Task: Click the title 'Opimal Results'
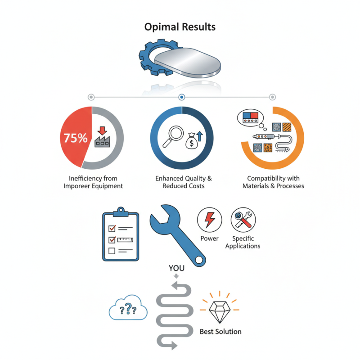[x=180, y=27]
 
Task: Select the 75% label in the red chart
[x=76, y=138]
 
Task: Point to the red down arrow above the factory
[x=102, y=130]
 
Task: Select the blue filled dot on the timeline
[x=182, y=97]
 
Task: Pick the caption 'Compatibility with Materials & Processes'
[x=273, y=182]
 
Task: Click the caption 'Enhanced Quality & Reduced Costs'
[x=184, y=182]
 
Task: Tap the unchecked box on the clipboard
[x=112, y=251]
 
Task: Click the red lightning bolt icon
[x=209, y=220]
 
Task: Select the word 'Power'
[x=209, y=238]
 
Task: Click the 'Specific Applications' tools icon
[x=243, y=220]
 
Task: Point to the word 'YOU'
[x=176, y=268]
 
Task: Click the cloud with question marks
[x=128, y=308]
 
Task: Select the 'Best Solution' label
[x=220, y=332]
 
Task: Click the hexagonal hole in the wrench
[x=199, y=260]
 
